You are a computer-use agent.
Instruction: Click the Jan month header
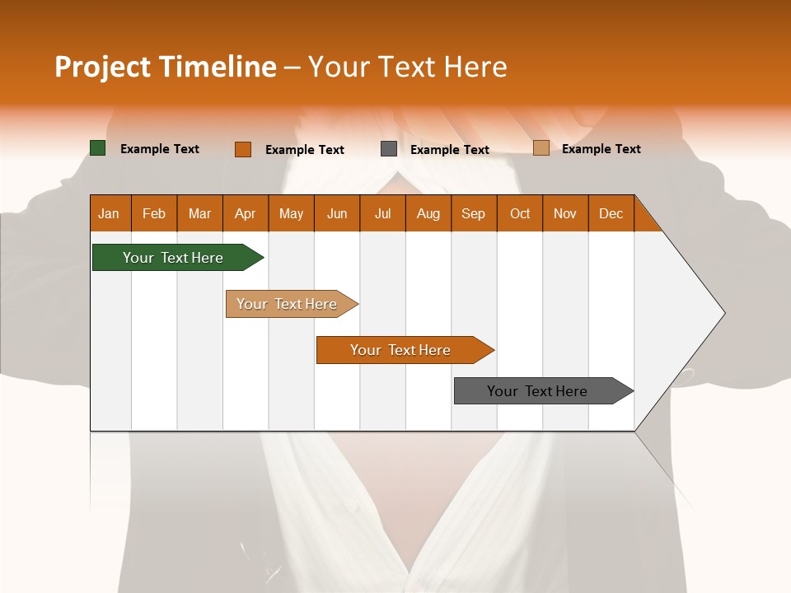pos(110,213)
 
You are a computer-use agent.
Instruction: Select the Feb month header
pos(154,213)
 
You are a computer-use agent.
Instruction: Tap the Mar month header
pos(199,213)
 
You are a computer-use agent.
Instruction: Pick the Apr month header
pos(246,213)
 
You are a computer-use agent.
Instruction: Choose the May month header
pos(291,213)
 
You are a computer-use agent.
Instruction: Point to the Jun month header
pos(337,213)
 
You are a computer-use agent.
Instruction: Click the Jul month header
pos(382,213)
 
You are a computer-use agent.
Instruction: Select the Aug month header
pos(428,213)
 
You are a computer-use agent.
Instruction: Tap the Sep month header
pos(474,213)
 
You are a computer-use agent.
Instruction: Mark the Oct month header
pos(520,213)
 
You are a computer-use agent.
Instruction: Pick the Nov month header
pos(565,213)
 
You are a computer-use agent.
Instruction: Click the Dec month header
pos(611,213)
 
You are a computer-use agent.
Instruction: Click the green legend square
pos(98,148)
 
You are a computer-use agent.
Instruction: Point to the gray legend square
pos(389,149)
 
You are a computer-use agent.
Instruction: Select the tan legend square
pos(541,148)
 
